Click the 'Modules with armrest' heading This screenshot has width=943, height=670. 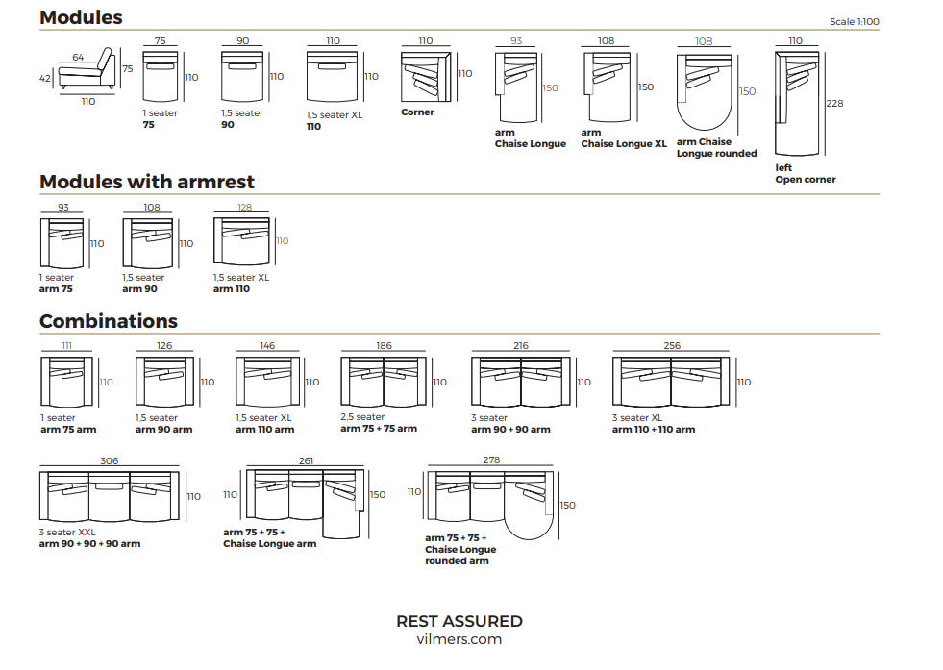[x=146, y=182]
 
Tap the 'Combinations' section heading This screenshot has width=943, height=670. [x=109, y=321]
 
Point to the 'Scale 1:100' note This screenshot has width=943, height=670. [x=854, y=22]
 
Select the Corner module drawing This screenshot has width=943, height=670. [x=427, y=75]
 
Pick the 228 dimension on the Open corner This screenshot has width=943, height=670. [x=834, y=104]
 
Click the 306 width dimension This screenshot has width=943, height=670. [x=110, y=461]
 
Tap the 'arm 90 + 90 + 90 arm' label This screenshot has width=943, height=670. [x=89, y=544]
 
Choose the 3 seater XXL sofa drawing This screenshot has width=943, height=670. [x=110, y=497]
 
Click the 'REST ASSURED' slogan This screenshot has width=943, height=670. [x=459, y=621]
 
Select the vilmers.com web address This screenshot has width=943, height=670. [x=459, y=639]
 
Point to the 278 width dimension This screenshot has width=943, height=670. [x=491, y=460]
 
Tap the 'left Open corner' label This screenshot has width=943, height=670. [x=805, y=173]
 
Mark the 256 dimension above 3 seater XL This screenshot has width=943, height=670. [x=672, y=346]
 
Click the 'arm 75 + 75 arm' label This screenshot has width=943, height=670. [x=379, y=429]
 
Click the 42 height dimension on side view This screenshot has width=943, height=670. [x=45, y=79]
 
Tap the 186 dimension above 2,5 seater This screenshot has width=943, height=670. [x=384, y=346]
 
